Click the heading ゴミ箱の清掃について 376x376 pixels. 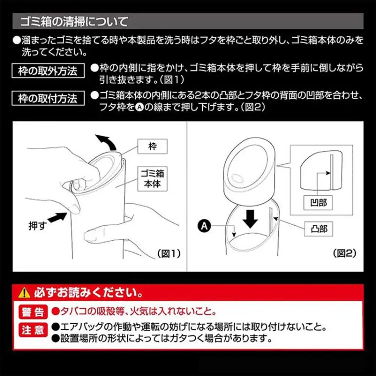click(x=74, y=21)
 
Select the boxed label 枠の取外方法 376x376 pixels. click(x=48, y=71)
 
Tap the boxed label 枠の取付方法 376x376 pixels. click(x=48, y=98)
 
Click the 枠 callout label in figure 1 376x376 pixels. click(x=152, y=146)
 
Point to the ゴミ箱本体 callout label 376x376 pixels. click(x=152, y=179)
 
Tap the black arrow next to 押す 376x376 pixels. click(x=57, y=217)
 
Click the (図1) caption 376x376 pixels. click(x=169, y=253)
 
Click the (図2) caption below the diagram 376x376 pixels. click(x=345, y=253)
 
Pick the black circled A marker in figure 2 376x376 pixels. click(x=204, y=226)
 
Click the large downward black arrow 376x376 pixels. click(x=250, y=219)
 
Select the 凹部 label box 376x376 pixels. click(x=318, y=203)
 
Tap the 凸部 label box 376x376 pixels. click(x=318, y=229)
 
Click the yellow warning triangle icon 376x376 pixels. click(x=24, y=293)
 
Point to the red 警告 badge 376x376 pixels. click(x=33, y=312)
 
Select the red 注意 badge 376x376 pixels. click(x=33, y=330)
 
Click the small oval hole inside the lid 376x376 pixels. click(x=237, y=178)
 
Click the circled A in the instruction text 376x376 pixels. click(x=139, y=108)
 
